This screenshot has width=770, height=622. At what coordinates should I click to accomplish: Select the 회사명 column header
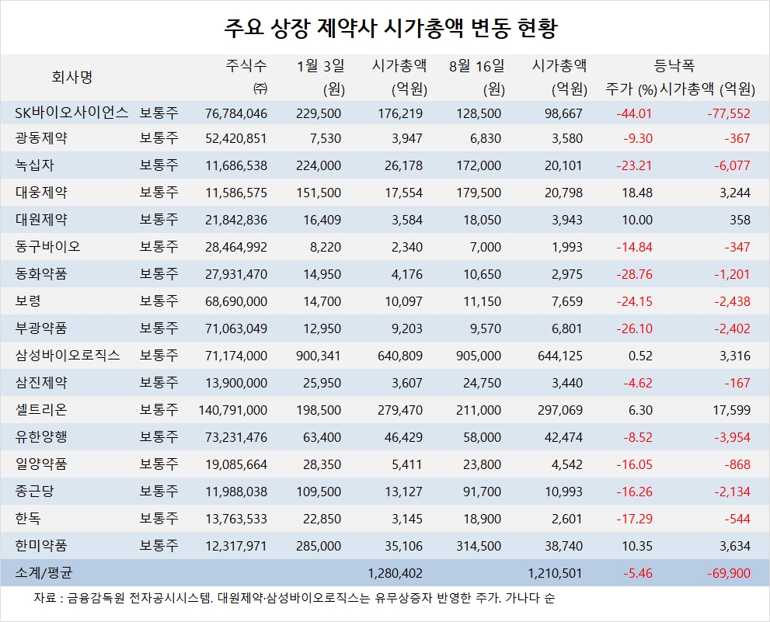click(72, 77)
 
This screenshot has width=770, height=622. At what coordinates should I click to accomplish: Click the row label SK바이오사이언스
click(71, 113)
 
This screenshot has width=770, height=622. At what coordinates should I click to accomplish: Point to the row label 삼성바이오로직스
click(68, 356)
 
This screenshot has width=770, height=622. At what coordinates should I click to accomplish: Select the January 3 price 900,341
click(320, 356)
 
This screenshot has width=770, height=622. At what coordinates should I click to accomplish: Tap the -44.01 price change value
click(634, 113)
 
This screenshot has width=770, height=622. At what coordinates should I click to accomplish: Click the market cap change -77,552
click(729, 113)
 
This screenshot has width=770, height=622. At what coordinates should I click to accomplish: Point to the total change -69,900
click(729, 573)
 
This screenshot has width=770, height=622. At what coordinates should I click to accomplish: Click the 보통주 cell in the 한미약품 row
click(159, 547)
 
